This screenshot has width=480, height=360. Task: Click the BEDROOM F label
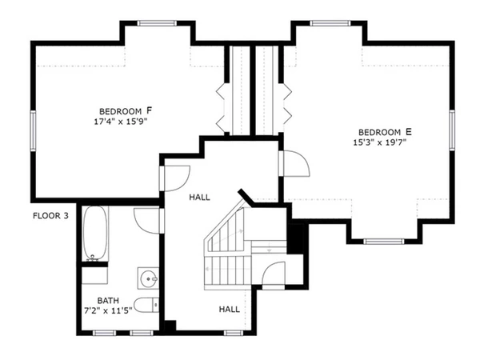tap(126, 110)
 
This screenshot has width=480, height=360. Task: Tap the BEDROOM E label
tap(385, 132)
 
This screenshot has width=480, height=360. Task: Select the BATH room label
tap(108, 302)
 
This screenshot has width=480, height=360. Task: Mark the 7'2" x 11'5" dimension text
tap(108, 312)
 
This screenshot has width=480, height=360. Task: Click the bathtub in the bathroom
tap(96, 233)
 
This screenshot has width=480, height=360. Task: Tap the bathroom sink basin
tap(148, 278)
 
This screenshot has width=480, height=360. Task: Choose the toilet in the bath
tap(146, 305)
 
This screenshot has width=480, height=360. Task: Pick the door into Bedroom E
tap(296, 163)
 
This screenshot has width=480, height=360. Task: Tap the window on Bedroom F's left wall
tap(34, 132)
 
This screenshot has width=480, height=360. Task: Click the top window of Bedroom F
tap(156, 24)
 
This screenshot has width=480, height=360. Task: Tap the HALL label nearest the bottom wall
tap(230, 308)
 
